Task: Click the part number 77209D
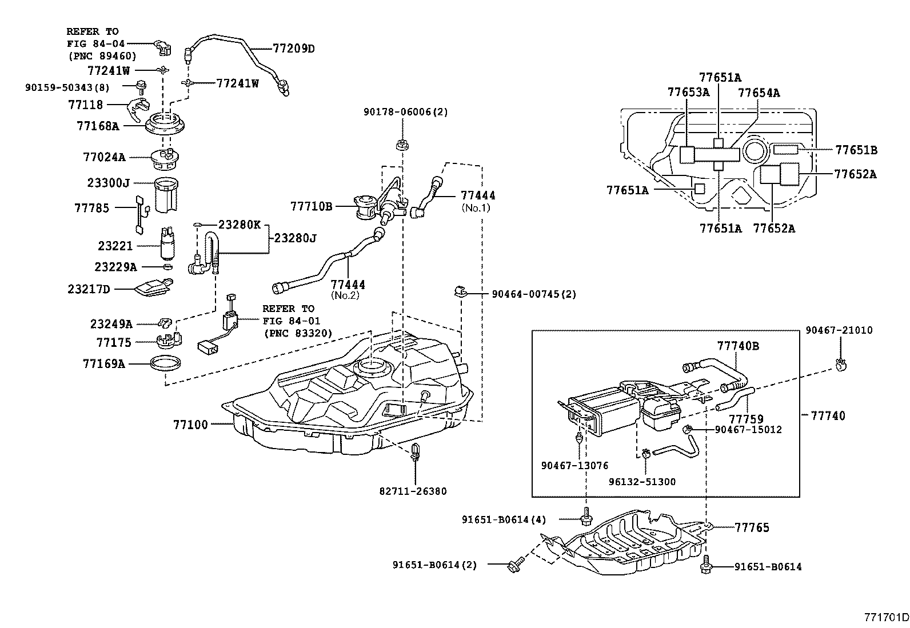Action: coord(293,49)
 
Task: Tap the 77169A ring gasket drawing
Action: coord(166,363)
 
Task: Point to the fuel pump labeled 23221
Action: coord(169,244)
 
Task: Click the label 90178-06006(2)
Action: coord(406,112)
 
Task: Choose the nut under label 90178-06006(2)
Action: coord(402,144)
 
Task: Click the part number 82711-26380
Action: coord(413,491)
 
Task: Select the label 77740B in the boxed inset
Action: coord(738,346)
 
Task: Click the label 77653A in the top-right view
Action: coord(688,92)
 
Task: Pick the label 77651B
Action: coord(856,150)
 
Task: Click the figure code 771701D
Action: coord(885,617)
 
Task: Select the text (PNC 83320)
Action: coord(298,333)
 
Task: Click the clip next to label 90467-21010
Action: coord(840,363)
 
